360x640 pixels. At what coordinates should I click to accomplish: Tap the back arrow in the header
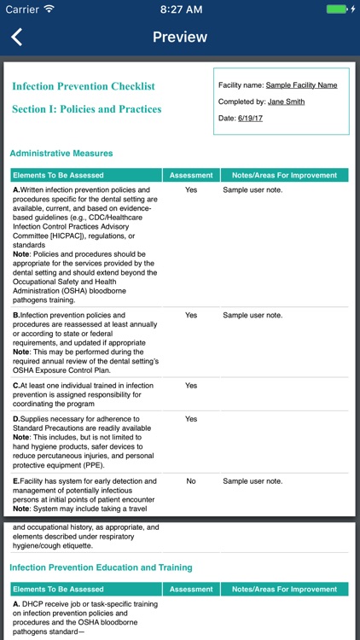point(17,37)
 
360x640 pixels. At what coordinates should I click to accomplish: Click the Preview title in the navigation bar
point(179,37)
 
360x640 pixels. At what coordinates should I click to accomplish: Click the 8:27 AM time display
point(179,9)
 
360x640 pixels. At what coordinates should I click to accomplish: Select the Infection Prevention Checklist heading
point(84,86)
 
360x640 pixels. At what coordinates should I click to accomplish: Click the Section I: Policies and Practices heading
point(86,109)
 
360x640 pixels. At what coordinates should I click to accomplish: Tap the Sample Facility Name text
point(301,85)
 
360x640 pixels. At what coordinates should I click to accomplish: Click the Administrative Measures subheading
point(61,154)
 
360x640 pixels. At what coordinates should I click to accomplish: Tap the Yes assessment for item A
point(191,189)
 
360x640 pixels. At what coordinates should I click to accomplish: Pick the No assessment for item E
point(191,481)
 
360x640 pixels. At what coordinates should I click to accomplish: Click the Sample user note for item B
point(252,315)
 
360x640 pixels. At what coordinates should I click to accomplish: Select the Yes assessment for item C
point(191,386)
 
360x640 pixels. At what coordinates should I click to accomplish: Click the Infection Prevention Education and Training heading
point(101,567)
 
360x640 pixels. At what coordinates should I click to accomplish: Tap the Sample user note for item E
point(252,481)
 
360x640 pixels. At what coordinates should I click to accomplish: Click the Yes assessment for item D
point(191,419)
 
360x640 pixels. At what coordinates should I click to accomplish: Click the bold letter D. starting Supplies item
point(16,419)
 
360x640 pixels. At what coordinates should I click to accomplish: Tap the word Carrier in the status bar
point(21,9)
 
